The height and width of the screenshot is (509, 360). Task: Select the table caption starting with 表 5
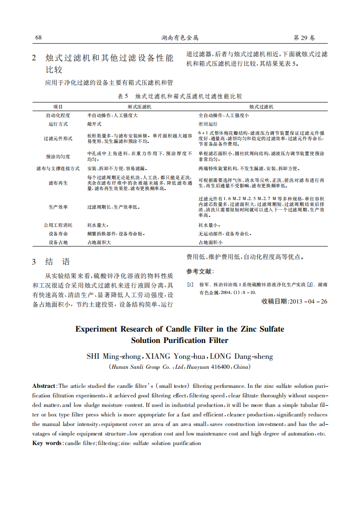click(180, 96)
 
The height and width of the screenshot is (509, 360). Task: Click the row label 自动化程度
click(58, 116)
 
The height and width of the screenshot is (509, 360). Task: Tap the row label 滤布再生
click(58, 183)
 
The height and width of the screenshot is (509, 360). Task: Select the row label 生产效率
click(58, 207)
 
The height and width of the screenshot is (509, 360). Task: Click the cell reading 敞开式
click(94, 124)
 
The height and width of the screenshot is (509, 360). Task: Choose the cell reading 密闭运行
click(208, 124)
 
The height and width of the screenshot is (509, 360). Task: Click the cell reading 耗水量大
click(97, 225)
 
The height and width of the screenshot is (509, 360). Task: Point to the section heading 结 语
click(57, 262)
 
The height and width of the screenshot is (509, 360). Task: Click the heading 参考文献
click(200, 272)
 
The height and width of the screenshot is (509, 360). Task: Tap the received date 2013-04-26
click(308, 302)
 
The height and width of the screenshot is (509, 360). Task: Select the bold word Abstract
click(44, 386)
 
